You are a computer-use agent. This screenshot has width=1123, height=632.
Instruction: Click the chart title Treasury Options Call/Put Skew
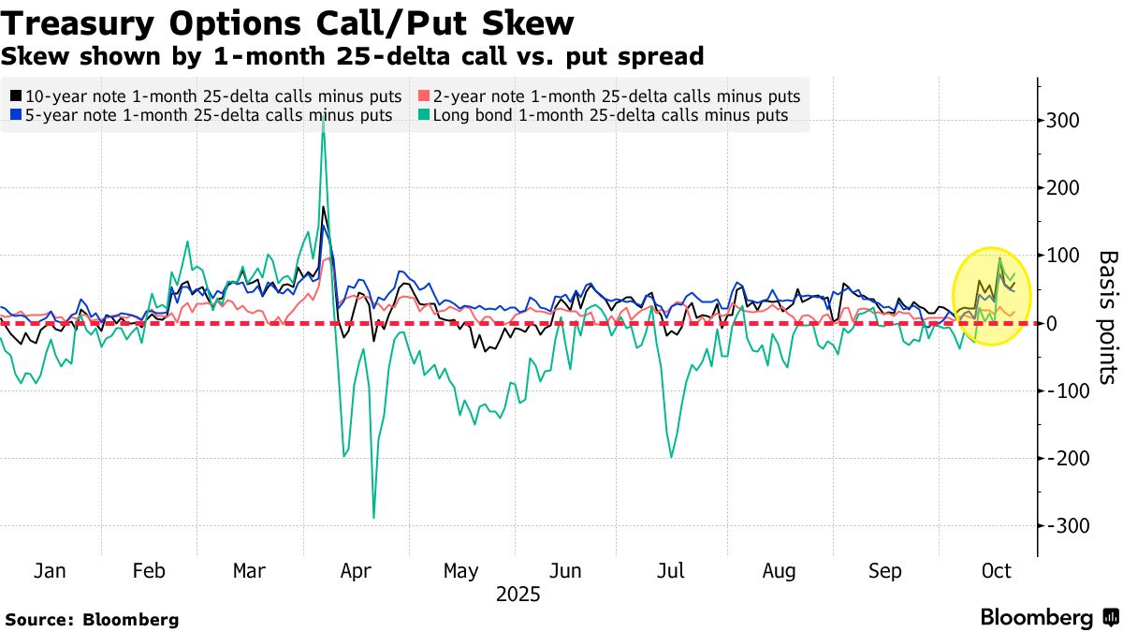click(287, 22)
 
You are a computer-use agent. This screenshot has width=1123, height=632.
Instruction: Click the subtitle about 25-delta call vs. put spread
click(352, 56)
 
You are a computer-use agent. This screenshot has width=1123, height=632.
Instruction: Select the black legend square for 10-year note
click(16, 96)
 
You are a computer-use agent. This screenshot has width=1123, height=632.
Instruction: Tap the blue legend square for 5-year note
click(16, 115)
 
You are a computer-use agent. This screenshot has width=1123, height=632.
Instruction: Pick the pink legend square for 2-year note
click(424, 96)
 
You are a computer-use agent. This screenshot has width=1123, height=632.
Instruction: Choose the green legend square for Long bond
click(424, 115)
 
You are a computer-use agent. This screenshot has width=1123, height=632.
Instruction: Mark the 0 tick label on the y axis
click(1051, 323)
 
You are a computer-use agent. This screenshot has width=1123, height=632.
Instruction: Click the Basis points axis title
click(1107, 316)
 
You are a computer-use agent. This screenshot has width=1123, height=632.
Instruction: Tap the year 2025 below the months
click(518, 595)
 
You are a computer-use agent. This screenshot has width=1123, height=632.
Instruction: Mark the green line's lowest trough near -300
click(374, 518)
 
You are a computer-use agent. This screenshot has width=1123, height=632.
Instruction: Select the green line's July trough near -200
click(671, 457)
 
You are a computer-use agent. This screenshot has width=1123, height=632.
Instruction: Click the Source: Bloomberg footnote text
click(92, 619)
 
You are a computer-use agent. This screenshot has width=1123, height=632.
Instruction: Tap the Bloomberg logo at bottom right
click(1049, 618)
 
